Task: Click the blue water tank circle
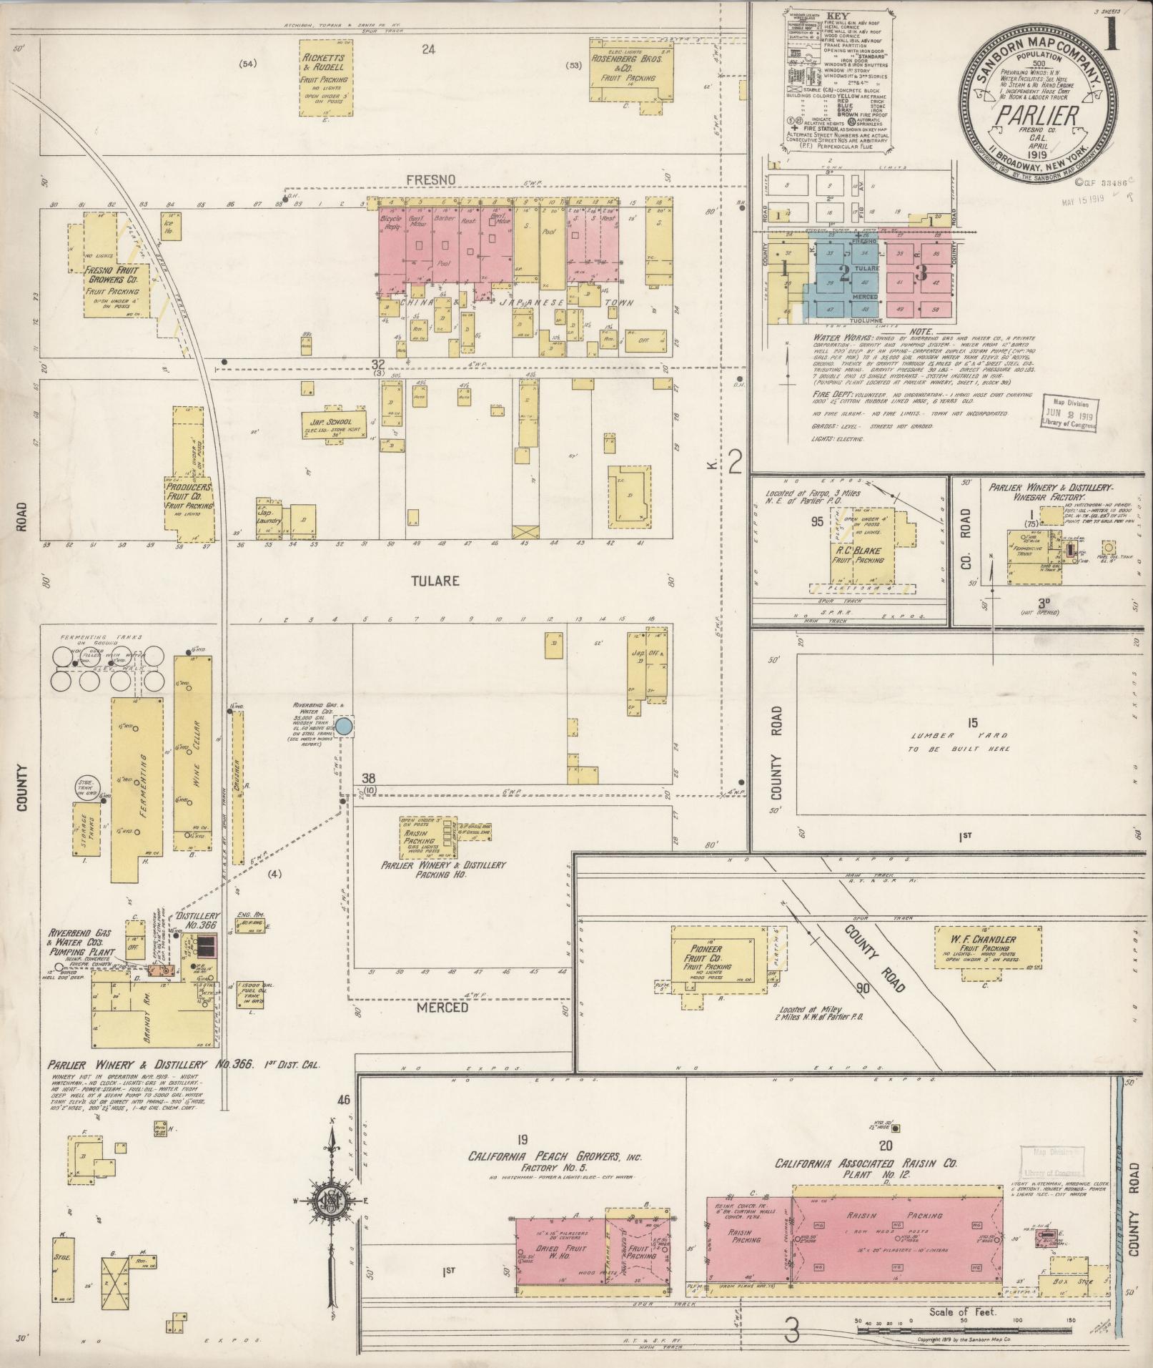344,727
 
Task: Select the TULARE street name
435,581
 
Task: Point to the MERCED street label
447,1007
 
